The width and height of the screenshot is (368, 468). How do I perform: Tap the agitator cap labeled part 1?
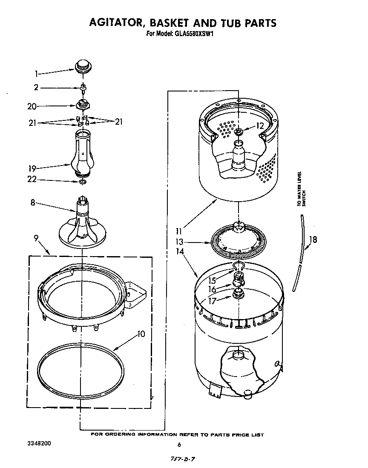pyautogui.click(x=83, y=66)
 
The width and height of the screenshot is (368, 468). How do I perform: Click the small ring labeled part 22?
pyautogui.click(x=82, y=182)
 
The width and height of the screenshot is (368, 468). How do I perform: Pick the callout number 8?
pyautogui.click(x=32, y=203)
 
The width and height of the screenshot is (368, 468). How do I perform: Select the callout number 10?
pyautogui.click(x=141, y=334)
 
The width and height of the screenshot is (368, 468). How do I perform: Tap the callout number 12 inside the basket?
pyautogui.click(x=260, y=126)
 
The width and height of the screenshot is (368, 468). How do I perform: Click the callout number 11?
pyautogui.click(x=179, y=232)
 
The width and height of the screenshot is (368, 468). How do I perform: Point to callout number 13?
pyautogui.click(x=179, y=242)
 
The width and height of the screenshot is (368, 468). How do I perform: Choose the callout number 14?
pyautogui.click(x=179, y=251)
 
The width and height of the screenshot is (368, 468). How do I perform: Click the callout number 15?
pyautogui.click(x=212, y=280)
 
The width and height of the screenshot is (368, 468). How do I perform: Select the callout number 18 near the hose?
pyautogui.click(x=313, y=240)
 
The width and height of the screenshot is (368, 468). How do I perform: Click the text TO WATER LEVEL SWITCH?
pyautogui.click(x=301, y=189)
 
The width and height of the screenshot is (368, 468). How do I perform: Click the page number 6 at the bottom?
pyautogui.click(x=179, y=445)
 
